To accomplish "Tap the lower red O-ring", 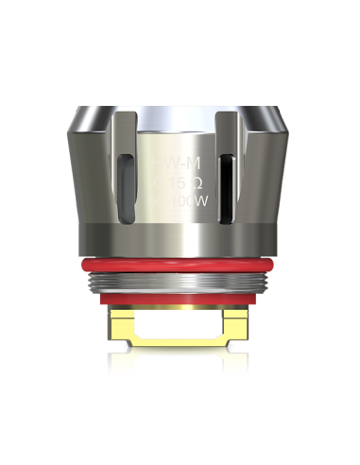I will pos(180,301).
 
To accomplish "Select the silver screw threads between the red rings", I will pos(180,280).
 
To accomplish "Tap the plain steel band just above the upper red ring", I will pos(180,238).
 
